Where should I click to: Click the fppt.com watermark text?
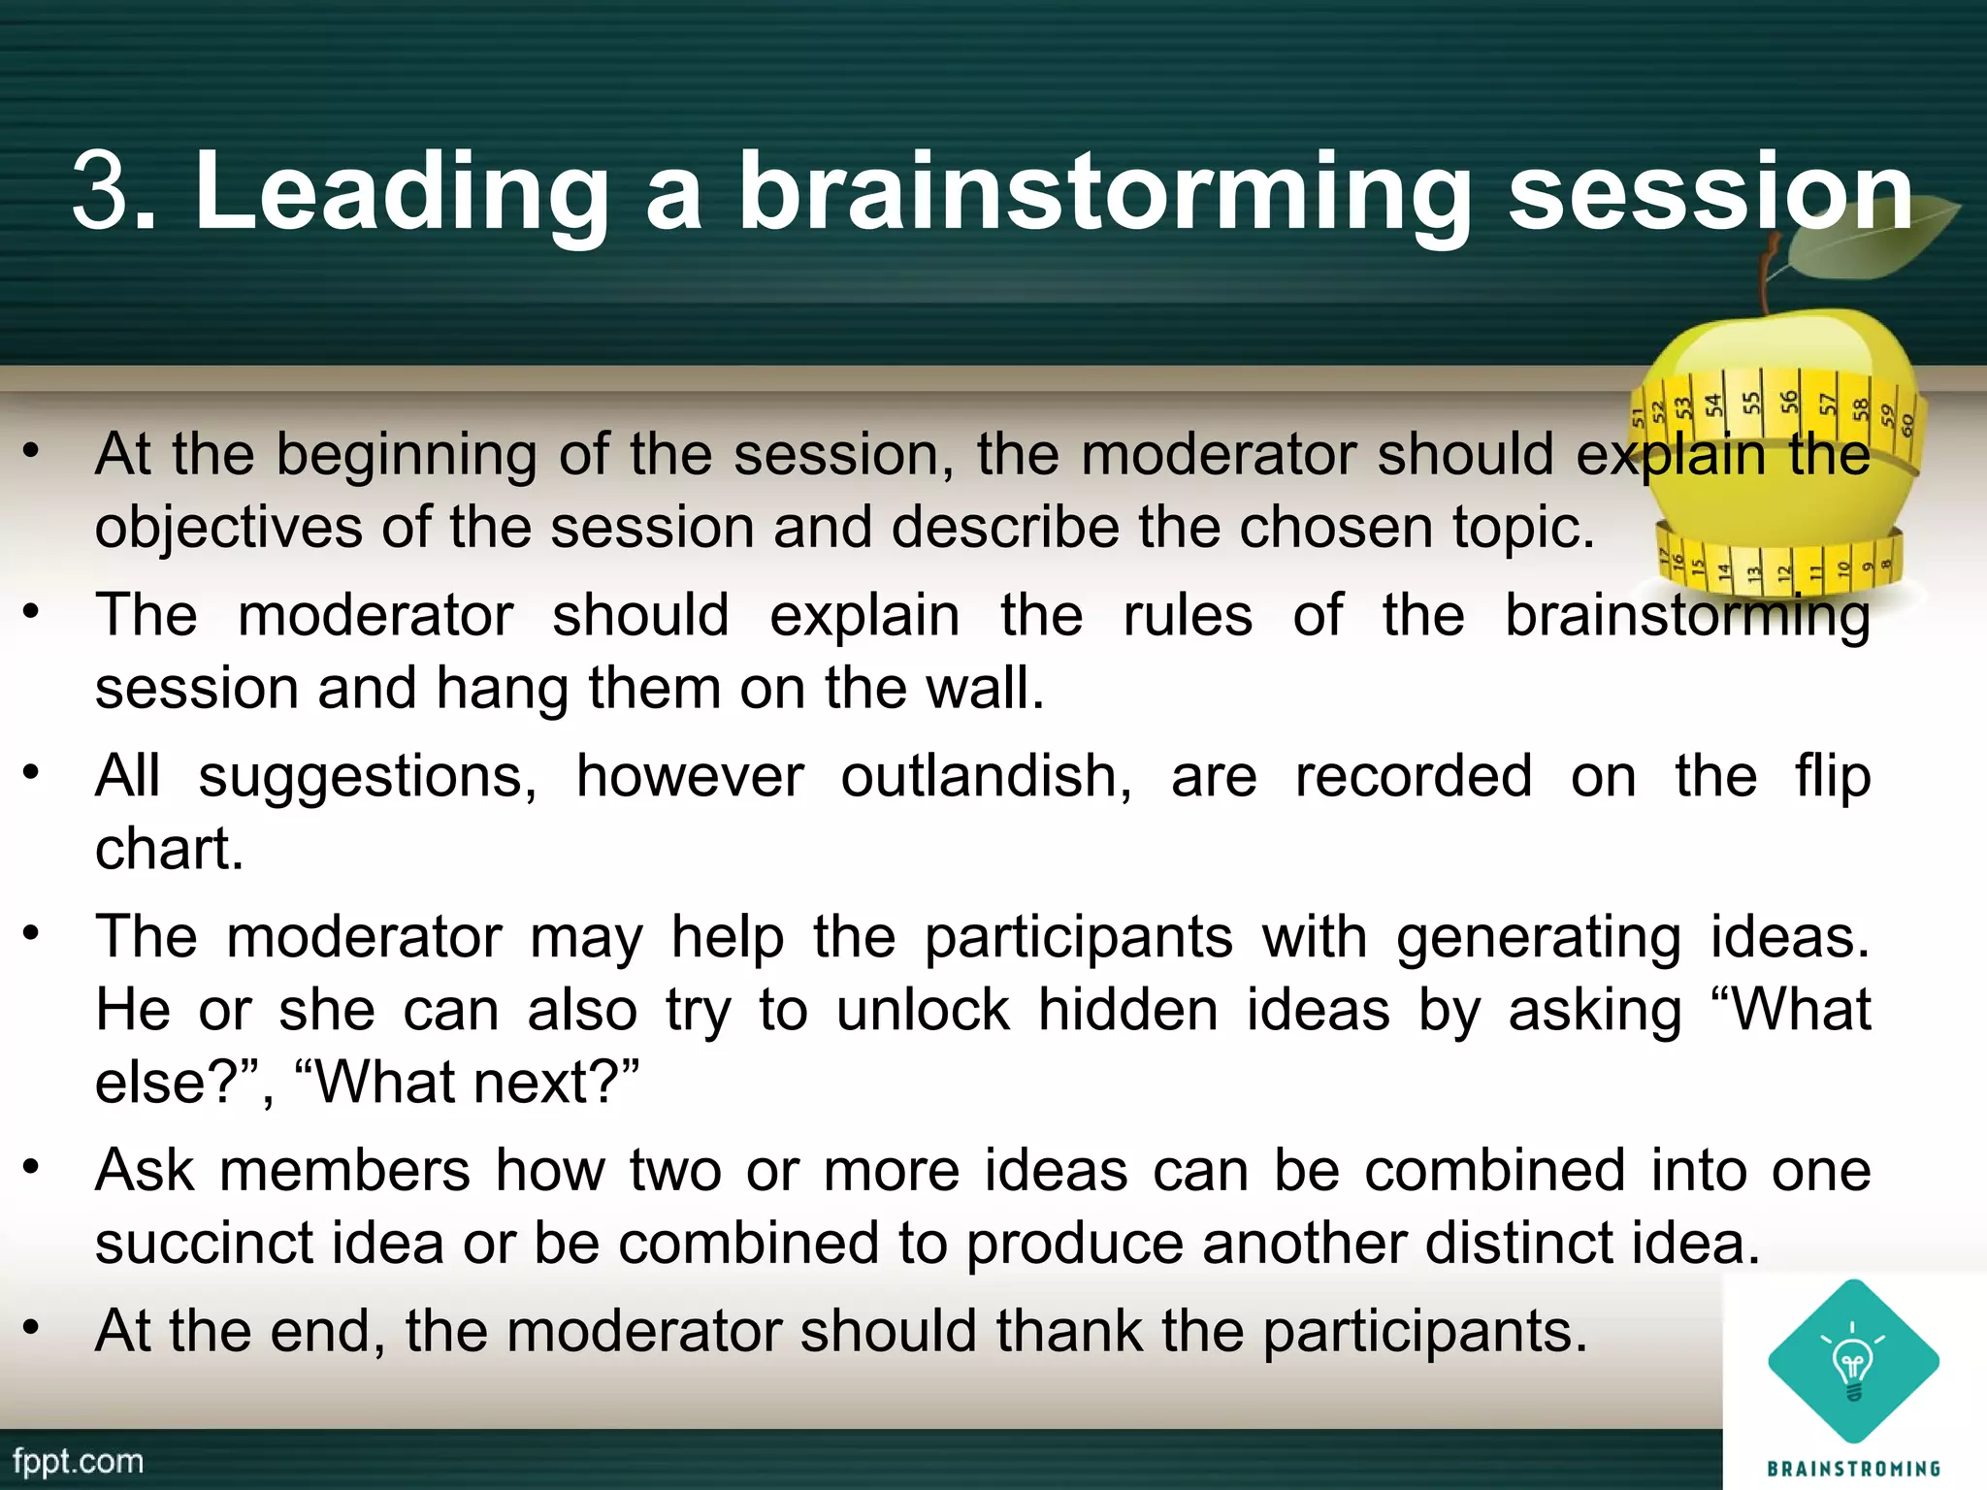pos(79,1462)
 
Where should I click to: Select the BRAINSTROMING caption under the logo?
pos(1853,1469)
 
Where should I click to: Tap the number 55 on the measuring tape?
pos(1750,402)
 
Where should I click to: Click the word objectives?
pos(228,529)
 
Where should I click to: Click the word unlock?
pos(923,1010)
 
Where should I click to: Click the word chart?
pos(169,849)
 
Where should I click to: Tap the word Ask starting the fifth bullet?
pos(145,1171)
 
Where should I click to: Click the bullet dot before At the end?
pos(32,1326)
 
